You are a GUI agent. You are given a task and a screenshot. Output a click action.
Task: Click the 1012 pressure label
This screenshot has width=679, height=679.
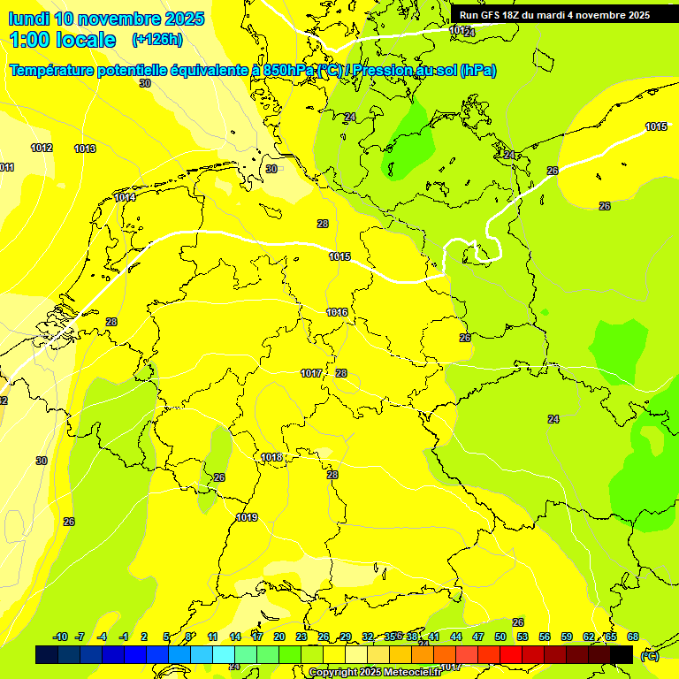pos(42,148)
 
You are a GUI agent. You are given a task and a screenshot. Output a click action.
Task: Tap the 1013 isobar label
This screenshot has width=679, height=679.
pos(85,149)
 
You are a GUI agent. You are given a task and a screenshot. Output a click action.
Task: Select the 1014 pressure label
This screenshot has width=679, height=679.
pos(125,198)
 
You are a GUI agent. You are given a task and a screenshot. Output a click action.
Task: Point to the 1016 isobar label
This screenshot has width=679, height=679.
pos(337,312)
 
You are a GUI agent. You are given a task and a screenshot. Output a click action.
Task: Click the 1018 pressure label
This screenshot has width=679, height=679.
pos(271,457)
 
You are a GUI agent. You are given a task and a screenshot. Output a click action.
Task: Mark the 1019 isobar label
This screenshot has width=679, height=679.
pos(247,517)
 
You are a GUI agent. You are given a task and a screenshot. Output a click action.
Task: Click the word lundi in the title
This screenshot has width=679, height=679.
pos(28,19)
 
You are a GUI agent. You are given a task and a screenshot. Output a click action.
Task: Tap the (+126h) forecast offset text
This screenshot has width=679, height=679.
pos(156,39)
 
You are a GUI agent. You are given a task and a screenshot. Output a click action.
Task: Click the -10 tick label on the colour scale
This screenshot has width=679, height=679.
pos(60,637)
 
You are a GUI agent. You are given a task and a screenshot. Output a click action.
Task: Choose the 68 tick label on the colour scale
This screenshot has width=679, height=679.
pos(633,637)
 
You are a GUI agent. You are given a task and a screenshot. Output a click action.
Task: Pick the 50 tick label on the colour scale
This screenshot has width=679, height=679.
pos(500,637)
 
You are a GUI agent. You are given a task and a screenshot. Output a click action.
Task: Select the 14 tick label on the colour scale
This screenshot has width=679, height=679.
pos(235,637)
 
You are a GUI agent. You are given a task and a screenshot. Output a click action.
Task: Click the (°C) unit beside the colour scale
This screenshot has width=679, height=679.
pos(649,655)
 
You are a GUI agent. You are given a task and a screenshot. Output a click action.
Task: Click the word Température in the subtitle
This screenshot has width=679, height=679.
pos(59,71)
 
